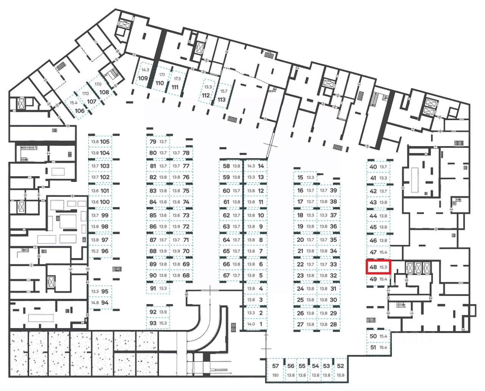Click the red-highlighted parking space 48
[378, 267]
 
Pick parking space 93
[157, 323]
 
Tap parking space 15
[305, 177]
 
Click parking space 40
[378, 167]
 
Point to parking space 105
[100, 142]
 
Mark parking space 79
[158, 142]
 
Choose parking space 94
[100, 303]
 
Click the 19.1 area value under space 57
[275, 375]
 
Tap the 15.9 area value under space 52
[340, 375]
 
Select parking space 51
[378, 347]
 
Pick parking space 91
[158, 288]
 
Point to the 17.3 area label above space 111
[177, 79]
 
